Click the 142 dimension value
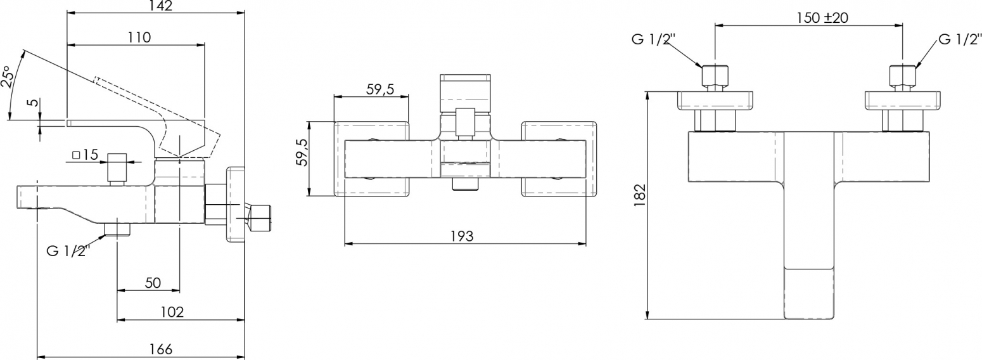(x=161, y=6)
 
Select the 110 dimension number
(x=139, y=37)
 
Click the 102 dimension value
(x=172, y=312)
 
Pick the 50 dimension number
(x=153, y=283)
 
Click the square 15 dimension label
(x=85, y=155)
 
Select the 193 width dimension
(x=462, y=236)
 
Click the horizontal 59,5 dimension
(x=380, y=89)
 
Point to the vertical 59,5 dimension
(x=302, y=153)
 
